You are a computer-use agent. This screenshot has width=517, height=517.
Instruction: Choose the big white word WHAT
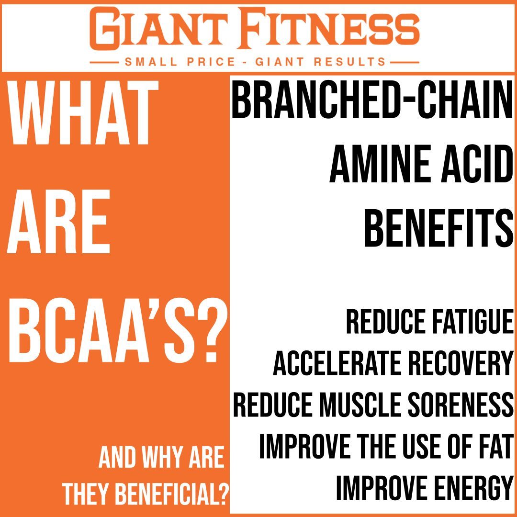point(82,113)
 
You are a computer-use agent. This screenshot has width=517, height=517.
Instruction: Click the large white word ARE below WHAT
point(58,223)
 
